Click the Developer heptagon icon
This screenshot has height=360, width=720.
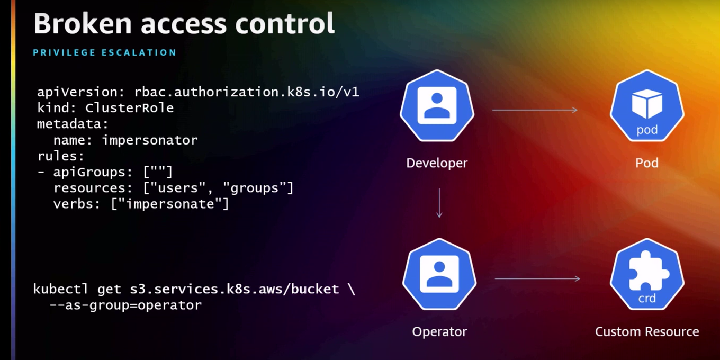(x=437, y=106)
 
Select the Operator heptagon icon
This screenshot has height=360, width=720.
(x=439, y=274)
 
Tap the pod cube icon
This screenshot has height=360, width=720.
(x=647, y=106)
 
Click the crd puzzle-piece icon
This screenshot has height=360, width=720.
(x=647, y=274)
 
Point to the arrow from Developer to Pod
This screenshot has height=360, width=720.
(x=535, y=110)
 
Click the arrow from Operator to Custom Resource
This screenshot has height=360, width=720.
(x=537, y=278)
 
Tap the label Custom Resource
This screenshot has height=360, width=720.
(x=647, y=332)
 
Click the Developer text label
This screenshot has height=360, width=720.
(x=437, y=163)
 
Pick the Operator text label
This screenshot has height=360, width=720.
(x=439, y=332)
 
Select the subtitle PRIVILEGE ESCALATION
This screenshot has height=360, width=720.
(x=105, y=52)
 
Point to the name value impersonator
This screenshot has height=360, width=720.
(x=150, y=140)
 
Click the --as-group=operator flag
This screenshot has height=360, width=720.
(x=125, y=305)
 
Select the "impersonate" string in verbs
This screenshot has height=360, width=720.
(x=170, y=204)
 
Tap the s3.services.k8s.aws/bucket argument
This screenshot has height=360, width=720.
(x=234, y=289)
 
